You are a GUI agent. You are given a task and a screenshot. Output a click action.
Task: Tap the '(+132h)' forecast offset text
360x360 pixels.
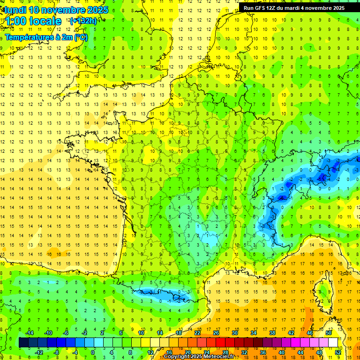click(x=83, y=21)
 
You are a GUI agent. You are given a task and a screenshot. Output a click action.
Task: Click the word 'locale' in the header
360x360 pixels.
click(x=45, y=21)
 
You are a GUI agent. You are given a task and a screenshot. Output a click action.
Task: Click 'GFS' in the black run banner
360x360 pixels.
click(x=260, y=8)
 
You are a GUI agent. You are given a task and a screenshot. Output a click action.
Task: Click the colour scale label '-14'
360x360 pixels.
click(x=29, y=333)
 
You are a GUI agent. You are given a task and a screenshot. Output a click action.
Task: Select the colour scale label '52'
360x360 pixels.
click(x=338, y=352)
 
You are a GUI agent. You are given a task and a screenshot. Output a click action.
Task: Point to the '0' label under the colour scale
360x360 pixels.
click(x=93, y=352)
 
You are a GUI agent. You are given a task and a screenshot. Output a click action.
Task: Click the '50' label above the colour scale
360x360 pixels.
click(x=328, y=333)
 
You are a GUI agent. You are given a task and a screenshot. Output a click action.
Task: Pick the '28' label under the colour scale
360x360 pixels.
click(x=225, y=352)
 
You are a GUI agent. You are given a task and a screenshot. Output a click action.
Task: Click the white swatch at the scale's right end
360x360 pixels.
click(x=333, y=342)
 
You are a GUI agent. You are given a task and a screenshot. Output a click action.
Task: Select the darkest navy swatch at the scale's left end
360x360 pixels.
click(x=23, y=342)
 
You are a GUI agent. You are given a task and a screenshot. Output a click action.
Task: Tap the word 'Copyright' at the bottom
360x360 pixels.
click(x=179, y=357)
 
